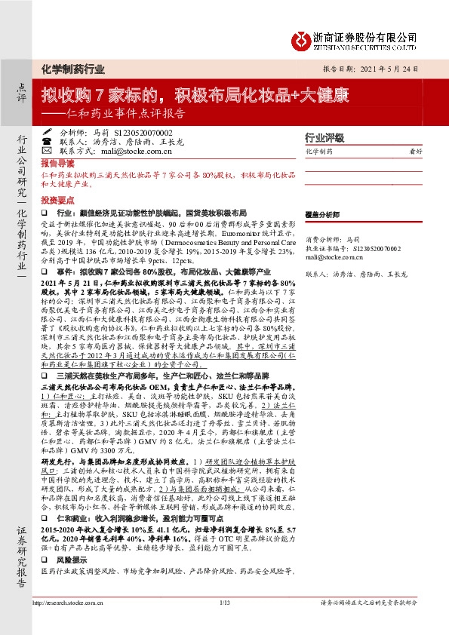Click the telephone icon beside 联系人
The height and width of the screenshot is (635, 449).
pyautogui.click(x=47, y=140)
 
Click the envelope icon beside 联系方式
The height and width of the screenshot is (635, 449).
pyautogui.click(x=47, y=150)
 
